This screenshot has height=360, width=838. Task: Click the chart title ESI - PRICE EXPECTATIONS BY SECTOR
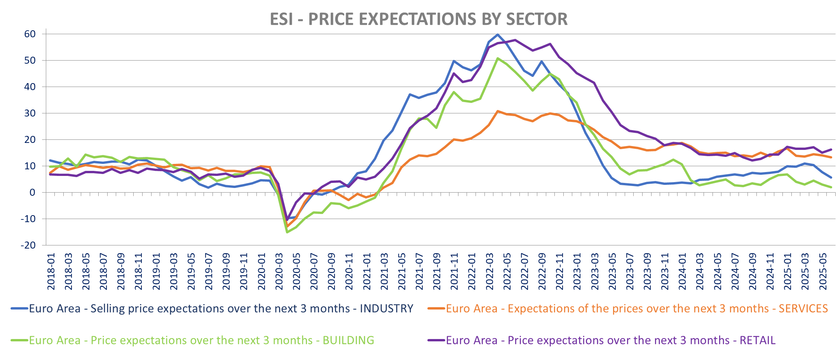tap(418, 19)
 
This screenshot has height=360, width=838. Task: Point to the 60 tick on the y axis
tap(30, 34)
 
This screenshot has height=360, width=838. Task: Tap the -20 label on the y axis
tap(28, 245)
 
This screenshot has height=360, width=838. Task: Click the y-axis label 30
tap(30, 113)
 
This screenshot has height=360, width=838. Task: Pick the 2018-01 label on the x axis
tap(51, 271)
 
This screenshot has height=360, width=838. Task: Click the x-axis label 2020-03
tap(279, 271)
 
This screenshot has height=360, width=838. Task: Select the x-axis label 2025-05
tap(823, 271)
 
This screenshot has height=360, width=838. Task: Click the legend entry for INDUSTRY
tap(221, 309)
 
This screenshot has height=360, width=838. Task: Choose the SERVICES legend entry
tap(637, 309)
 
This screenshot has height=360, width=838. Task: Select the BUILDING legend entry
tap(201, 341)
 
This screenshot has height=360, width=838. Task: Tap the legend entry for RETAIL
tap(610, 341)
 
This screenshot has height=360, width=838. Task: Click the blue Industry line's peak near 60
tap(498, 35)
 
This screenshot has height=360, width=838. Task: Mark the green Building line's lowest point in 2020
tap(287, 232)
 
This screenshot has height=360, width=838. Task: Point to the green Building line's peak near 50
tap(498, 59)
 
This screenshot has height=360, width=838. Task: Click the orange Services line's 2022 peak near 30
tap(498, 111)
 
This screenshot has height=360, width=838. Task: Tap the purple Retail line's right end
tap(831, 150)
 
